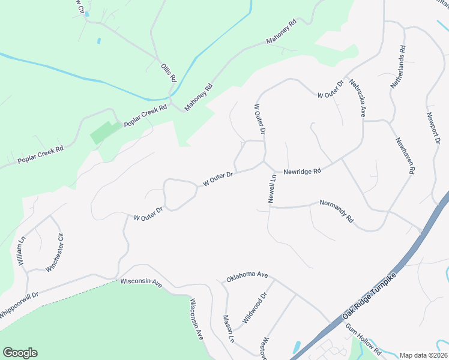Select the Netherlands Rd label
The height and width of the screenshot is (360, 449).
[x=400, y=67]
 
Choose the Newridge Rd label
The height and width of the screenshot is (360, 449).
[x=302, y=171]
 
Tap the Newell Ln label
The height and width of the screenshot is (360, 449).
[x=272, y=188]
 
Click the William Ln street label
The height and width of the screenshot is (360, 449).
[x=22, y=251]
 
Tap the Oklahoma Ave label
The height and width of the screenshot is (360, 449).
[x=247, y=277]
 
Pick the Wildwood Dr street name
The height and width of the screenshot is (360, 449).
[x=254, y=308]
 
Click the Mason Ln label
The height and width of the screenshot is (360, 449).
[x=228, y=329]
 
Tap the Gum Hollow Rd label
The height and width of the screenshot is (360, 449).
[x=363, y=340]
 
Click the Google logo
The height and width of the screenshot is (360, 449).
[x=20, y=353]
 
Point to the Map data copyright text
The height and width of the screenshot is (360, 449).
[x=424, y=355]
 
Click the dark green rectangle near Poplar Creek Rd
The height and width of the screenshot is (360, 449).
[x=105, y=132]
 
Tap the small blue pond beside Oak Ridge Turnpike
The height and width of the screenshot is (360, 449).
[x=297, y=347]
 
